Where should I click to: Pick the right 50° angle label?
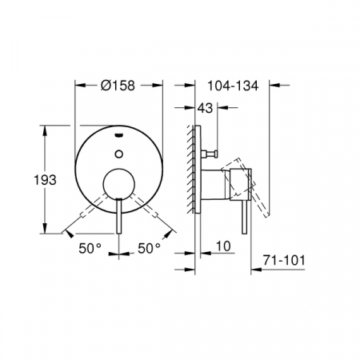point(150,249)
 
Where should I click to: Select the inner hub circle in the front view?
point(120,182)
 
